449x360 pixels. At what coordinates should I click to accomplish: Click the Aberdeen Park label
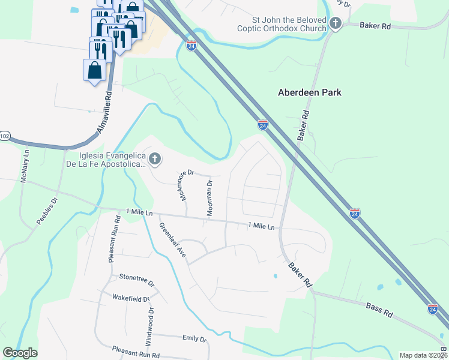[310, 92]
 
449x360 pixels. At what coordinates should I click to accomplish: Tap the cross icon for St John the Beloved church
[335, 24]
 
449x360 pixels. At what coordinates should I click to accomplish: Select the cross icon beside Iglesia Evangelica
[155, 159]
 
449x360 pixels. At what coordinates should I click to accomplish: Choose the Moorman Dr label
[209, 198]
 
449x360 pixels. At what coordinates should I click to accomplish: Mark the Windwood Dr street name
[150, 325]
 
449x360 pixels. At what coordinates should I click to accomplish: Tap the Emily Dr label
[194, 338]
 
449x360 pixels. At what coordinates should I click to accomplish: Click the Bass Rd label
[379, 310]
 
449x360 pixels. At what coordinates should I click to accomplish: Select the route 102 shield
[4, 136]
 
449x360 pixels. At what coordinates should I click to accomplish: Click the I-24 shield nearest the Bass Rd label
[433, 309]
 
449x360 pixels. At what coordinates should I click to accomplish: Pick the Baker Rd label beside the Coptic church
[376, 26]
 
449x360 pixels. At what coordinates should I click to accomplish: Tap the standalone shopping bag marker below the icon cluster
[95, 70]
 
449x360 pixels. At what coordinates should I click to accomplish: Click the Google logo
[20, 353]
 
